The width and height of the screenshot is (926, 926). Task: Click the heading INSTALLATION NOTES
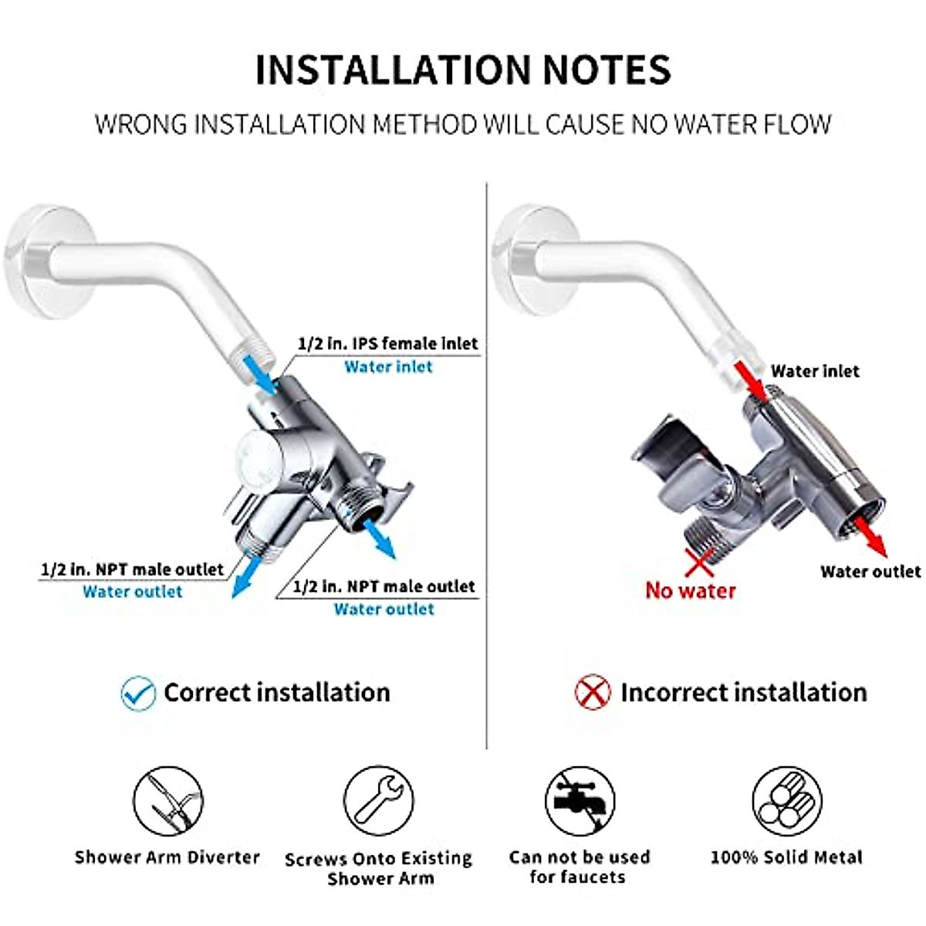pyautogui.click(x=463, y=69)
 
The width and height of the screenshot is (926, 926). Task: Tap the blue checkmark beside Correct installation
pyautogui.click(x=139, y=692)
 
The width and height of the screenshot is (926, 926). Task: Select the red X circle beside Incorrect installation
pyautogui.click(x=593, y=692)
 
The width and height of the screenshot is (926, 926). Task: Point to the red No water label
pyautogui.click(x=691, y=591)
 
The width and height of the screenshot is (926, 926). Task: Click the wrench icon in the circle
pyautogui.click(x=379, y=801)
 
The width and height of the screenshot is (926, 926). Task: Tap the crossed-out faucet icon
pyautogui.click(x=580, y=801)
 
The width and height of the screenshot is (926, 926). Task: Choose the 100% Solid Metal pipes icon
pyautogui.click(x=786, y=801)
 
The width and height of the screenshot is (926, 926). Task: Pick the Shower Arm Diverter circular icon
pyautogui.click(x=168, y=801)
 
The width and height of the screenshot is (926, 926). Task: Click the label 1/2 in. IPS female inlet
pyautogui.click(x=388, y=343)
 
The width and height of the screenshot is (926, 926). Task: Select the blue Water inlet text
pyautogui.click(x=388, y=367)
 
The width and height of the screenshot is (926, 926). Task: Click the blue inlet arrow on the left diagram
pyautogui.click(x=260, y=376)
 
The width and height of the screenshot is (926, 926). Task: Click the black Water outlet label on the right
pyautogui.click(x=870, y=572)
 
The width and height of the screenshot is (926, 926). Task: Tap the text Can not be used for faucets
pyautogui.click(x=579, y=867)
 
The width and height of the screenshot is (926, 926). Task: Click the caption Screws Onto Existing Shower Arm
pyautogui.click(x=379, y=868)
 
